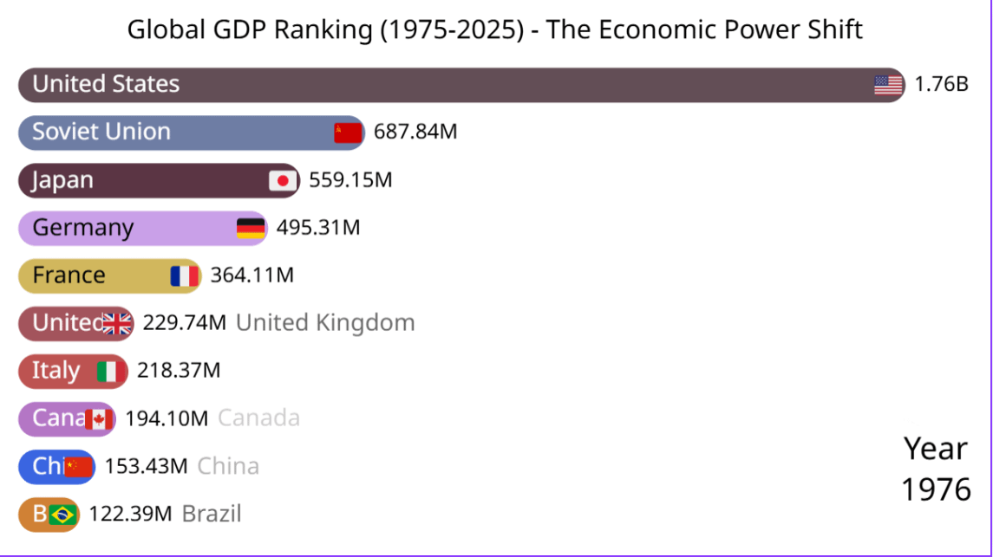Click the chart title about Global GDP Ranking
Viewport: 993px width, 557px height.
tap(494, 29)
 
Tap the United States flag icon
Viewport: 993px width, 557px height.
tap(888, 85)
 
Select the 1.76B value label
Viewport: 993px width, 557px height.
tap(941, 85)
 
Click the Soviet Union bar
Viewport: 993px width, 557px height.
tap(191, 133)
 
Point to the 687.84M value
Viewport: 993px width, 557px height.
tap(415, 133)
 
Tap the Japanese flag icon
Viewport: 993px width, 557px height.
tap(282, 181)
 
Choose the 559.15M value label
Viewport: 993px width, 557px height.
tap(350, 180)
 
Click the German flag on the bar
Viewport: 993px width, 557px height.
tap(251, 229)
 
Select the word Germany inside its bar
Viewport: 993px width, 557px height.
tap(83, 228)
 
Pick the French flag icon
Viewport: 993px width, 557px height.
tap(185, 276)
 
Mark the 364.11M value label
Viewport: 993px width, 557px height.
tap(252, 275)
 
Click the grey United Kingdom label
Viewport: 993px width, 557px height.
tap(325, 323)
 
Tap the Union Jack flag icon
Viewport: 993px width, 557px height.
tap(117, 324)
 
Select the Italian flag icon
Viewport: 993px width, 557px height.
tap(108, 372)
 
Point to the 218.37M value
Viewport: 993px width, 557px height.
tap(179, 371)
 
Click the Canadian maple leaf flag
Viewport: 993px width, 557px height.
tap(98, 419)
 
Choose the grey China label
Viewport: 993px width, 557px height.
tap(228, 466)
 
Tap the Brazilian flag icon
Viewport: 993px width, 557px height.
tap(62, 515)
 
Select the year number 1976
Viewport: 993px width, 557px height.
tap(936, 489)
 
